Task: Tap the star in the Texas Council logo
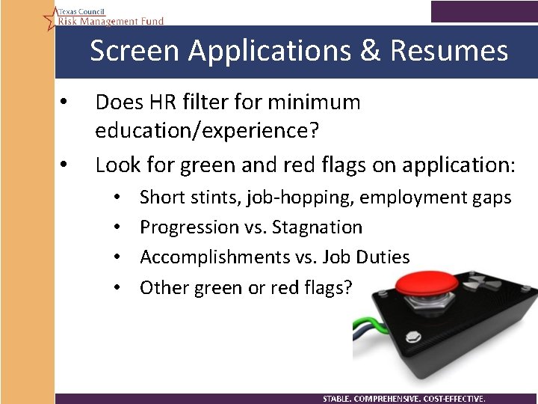point(50,17)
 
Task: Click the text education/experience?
point(207,130)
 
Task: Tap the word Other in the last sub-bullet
point(164,287)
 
